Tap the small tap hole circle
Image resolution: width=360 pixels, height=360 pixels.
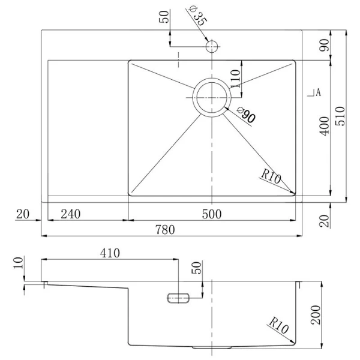(212, 46)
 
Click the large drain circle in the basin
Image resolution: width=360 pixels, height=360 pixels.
(211, 96)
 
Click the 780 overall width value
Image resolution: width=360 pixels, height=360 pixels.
(169, 230)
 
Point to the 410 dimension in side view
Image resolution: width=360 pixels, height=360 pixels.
(110, 253)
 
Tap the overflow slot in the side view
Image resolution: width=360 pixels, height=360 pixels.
(178, 297)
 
